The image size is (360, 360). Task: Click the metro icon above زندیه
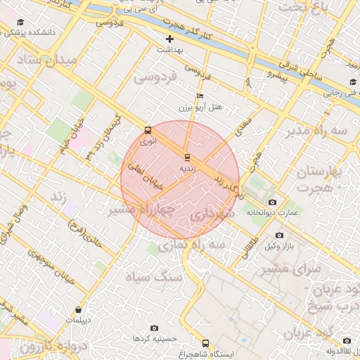(187, 157)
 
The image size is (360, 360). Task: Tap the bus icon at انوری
(148, 130)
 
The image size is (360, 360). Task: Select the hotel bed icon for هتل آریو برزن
(200, 96)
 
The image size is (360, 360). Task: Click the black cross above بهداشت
(169, 39)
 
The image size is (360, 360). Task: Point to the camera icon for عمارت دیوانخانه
(272, 202)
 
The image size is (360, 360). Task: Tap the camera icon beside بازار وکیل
(280, 235)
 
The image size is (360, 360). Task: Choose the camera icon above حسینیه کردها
(155, 328)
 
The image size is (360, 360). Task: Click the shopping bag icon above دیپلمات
(78, 309)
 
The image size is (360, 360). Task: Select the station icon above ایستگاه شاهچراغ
(205, 343)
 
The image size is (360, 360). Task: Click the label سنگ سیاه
(153, 277)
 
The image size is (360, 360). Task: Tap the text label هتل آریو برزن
(201, 108)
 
